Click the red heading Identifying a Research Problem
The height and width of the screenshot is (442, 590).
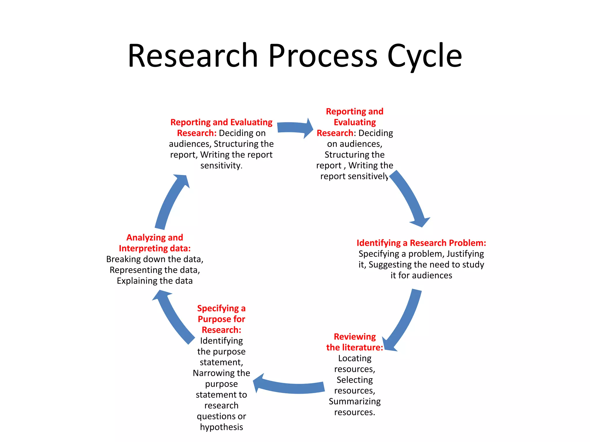(x=421, y=243)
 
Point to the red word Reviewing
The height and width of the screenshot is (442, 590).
(x=355, y=336)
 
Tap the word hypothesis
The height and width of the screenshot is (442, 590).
(x=221, y=427)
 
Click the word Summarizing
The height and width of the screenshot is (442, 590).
(x=355, y=401)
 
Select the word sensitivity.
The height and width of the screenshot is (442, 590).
(x=221, y=165)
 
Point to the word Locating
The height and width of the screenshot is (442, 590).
(x=355, y=358)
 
